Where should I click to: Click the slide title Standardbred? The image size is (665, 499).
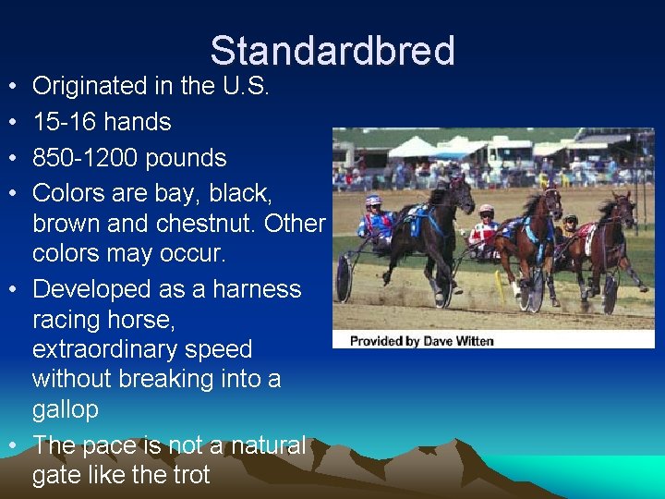coord(332,51)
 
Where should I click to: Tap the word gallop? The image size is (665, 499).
coord(65,409)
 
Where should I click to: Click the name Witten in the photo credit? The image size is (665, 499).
coord(473,341)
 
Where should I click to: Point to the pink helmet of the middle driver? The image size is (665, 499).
coord(486,210)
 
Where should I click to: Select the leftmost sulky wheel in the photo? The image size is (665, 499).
coord(345,278)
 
